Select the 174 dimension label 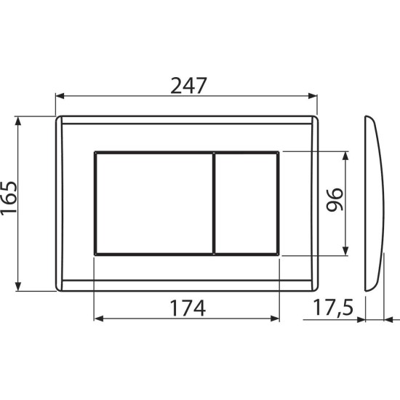coord(187,308)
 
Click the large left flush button coord(153,203)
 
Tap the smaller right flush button coord(247,203)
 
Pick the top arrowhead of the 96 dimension coord(346,155)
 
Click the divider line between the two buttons coord(214,203)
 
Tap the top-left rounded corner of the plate coord(58,119)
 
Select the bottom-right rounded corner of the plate coord(316,287)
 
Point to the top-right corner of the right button coord(279,153)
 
